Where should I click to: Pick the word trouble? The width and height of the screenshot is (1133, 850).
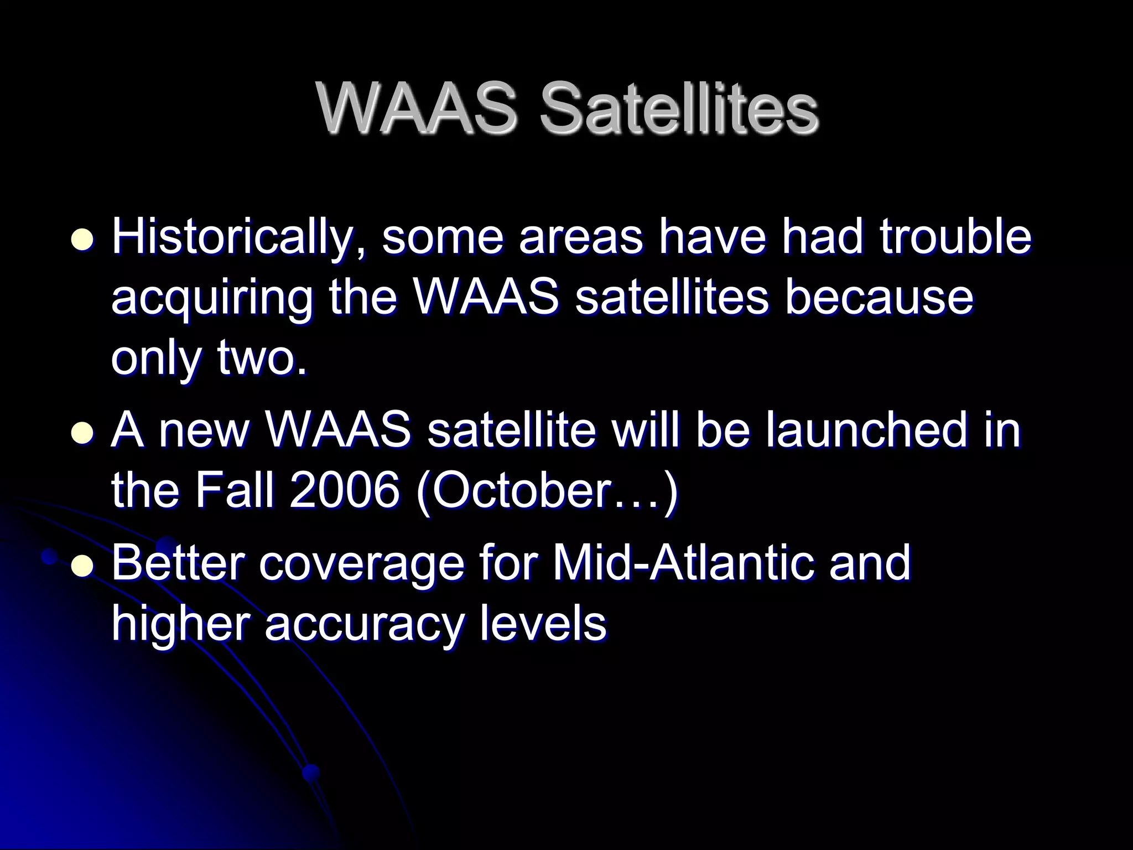coord(955,237)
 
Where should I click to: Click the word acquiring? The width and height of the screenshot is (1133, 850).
coord(212,299)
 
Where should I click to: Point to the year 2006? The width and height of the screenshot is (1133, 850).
coord(343,491)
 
